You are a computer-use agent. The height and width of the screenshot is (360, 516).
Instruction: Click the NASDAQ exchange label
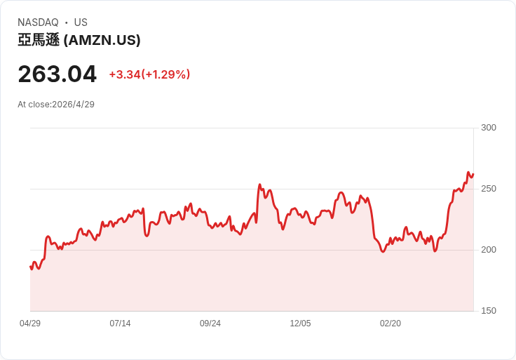click(x=38, y=22)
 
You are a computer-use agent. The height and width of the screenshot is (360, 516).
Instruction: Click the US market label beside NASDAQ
click(x=81, y=22)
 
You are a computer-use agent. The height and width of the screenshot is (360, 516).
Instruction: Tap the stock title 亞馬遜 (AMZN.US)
click(x=79, y=41)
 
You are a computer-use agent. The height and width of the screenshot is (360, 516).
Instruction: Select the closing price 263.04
click(x=57, y=74)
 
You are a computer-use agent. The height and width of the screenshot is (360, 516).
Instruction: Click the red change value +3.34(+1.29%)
click(x=149, y=74)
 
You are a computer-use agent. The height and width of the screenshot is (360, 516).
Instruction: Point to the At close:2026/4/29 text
click(x=56, y=105)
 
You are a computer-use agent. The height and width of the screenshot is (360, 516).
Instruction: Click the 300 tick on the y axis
click(x=489, y=128)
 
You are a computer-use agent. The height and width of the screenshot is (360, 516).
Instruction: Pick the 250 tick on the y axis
click(x=489, y=189)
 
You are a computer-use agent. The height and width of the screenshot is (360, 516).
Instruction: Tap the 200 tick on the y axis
click(x=489, y=250)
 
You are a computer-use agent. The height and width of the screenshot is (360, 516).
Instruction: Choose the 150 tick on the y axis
click(x=489, y=311)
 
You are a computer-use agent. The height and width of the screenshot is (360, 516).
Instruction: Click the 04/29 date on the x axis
click(x=30, y=324)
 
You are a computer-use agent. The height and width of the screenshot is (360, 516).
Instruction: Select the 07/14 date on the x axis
click(x=120, y=324)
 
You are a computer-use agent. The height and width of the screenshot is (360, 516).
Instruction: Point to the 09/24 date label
click(x=210, y=324)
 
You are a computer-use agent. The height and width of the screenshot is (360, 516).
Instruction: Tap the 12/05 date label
click(x=300, y=324)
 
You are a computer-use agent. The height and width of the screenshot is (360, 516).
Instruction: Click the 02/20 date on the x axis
click(x=391, y=324)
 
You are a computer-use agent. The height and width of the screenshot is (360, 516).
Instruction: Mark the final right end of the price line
click(x=473, y=174)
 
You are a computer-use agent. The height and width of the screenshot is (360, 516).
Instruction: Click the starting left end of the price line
click(x=30, y=267)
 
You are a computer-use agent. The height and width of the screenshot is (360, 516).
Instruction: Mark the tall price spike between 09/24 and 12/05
click(x=259, y=185)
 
